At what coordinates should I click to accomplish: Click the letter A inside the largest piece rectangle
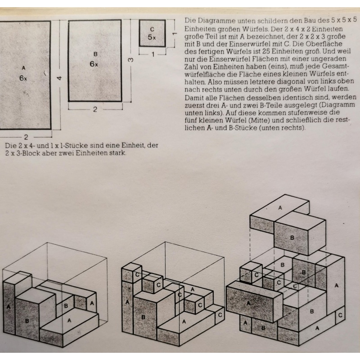point(23,68)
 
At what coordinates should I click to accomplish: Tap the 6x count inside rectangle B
point(94,64)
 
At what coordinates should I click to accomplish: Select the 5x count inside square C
point(152,37)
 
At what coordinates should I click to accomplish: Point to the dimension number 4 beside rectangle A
point(59,78)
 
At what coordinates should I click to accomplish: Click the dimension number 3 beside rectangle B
point(130,60)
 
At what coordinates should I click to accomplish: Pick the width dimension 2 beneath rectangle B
point(95,109)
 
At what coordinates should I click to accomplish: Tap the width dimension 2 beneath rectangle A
point(26,137)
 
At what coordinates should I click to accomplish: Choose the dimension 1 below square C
point(153,54)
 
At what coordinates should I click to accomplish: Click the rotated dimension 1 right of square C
point(175,33)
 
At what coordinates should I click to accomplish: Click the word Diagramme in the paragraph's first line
point(216,21)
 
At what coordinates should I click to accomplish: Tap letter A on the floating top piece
point(280,208)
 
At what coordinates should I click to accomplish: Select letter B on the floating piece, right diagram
point(292,238)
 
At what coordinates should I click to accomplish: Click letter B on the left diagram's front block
point(27,320)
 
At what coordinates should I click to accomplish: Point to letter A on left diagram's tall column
point(9,306)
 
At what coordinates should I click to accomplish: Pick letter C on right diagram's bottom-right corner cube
point(340,315)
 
